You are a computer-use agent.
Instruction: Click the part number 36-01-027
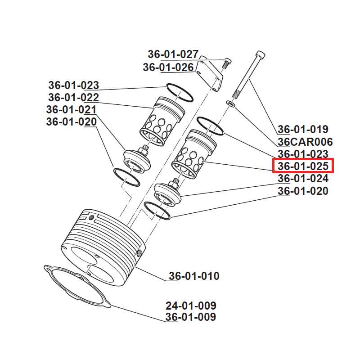click(x=173, y=54)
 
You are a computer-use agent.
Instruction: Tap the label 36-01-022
click(x=73, y=98)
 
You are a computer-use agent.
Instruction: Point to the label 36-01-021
click(x=71, y=110)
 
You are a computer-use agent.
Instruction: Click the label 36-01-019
click(x=303, y=130)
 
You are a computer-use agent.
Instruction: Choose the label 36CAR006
click(x=305, y=142)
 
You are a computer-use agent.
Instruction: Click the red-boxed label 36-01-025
click(x=303, y=166)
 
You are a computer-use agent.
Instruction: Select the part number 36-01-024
click(x=303, y=179)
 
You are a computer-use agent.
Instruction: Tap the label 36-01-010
click(x=194, y=276)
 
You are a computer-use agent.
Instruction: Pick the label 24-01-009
click(x=190, y=306)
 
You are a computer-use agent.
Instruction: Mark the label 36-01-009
click(x=190, y=317)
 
